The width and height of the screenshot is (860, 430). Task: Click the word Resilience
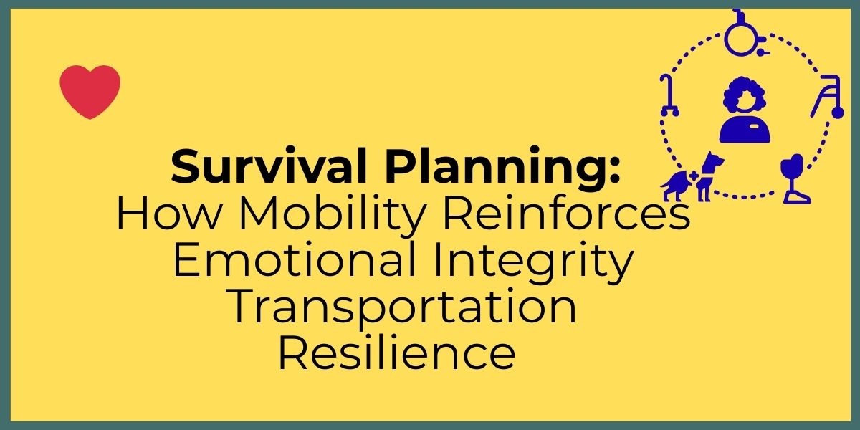click(396, 353)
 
